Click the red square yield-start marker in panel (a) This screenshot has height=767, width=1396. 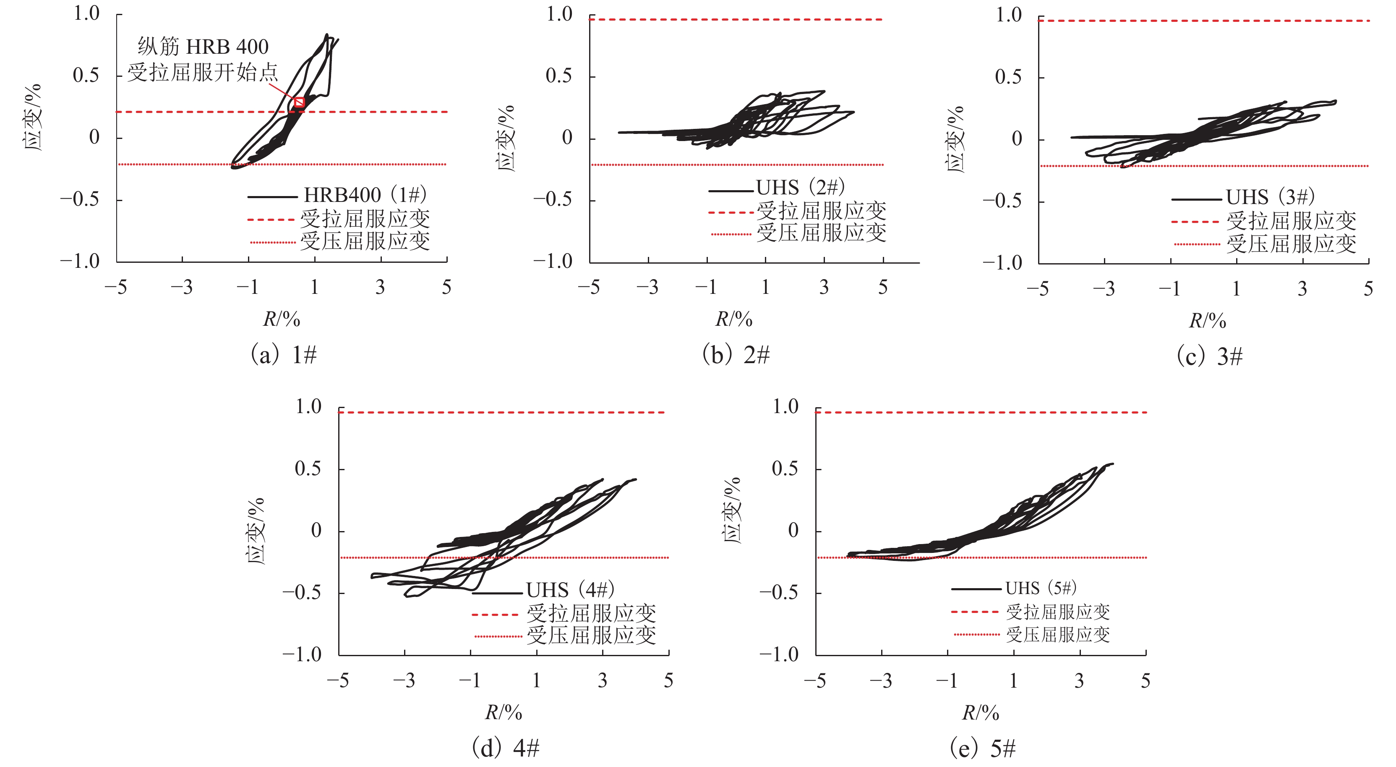[299, 102]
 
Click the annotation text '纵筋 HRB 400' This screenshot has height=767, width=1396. [203, 47]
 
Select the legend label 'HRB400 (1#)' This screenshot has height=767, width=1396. [365, 195]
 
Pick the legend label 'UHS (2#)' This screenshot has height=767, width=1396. [801, 188]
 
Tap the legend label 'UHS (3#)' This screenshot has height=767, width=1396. [1270, 197]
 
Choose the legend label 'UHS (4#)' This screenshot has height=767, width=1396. [570, 590]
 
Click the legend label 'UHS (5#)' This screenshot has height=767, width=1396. [1041, 588]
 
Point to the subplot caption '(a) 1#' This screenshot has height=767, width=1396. [283, 355]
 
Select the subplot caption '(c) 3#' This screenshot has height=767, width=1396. [1209, 357]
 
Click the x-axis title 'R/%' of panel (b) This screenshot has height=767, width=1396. [734, 319]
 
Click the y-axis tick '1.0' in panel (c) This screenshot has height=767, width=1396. [1009, 15]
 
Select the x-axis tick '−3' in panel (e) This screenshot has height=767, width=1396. [881, 681]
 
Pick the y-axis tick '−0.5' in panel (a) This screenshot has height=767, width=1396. [80, 199]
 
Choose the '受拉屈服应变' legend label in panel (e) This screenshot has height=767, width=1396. [1058, 612]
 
